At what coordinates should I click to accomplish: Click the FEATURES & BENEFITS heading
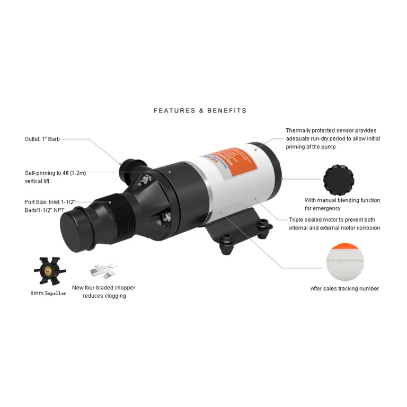[200, 111]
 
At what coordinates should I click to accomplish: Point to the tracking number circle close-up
[344, 261]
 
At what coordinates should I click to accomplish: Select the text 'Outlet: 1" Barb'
[42, 139]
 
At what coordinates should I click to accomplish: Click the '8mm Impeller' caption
[48, 293]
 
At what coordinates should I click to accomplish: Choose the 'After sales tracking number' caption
[344, 289]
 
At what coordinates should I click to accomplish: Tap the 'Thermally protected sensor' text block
[333, 139]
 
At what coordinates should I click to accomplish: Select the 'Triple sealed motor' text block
[334, 224]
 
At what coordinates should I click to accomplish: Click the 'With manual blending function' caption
[342, 204]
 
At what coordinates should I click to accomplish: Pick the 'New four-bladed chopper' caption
[104, 291]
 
